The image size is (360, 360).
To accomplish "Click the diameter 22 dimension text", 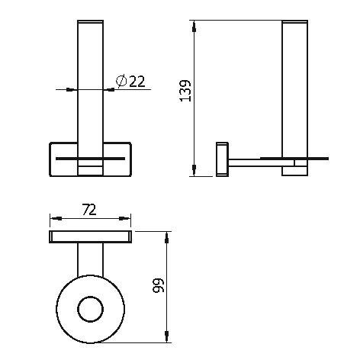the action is [130, 82].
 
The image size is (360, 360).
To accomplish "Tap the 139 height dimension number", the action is [185, 91].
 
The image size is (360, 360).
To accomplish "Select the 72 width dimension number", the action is [89, 211].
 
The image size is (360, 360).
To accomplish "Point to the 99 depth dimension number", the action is [159, 285].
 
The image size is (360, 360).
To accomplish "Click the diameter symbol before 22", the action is [121, 82].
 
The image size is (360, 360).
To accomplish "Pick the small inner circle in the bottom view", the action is [90, 309].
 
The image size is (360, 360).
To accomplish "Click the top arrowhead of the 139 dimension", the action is [194, 27].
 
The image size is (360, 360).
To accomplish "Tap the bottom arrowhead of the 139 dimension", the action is [194, 170].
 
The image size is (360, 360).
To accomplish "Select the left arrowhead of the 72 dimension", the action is [56, 218].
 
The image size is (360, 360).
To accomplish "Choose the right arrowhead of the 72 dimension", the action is [124, 218].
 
